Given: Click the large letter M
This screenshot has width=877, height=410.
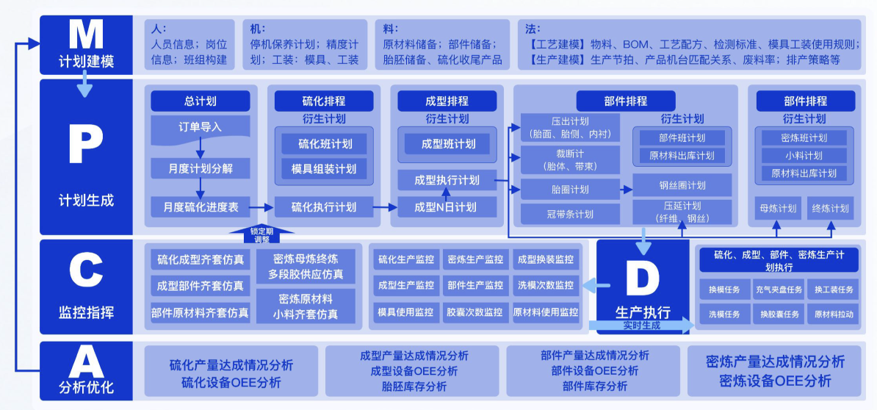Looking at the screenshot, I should (x=86, y=35).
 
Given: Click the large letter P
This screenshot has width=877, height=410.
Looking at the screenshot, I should (x=86, y=146).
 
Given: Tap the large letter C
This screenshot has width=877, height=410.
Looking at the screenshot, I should (x=86, y=271).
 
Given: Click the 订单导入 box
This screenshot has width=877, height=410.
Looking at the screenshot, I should (x=200, y=127).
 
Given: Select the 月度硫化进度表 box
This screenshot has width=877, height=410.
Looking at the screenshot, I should (x=200, y=206).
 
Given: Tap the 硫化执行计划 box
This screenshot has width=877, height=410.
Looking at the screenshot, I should (x=324, y=206).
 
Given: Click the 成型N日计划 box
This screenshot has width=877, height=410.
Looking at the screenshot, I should (x=445, y=206).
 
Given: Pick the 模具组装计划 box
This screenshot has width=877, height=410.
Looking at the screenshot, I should (x=324, y=168).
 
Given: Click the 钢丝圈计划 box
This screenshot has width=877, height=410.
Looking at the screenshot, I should (x=682, y=185).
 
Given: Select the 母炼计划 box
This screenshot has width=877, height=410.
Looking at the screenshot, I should (x=778, y=208).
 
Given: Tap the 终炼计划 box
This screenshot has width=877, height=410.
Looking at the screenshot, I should (x=831, y=208).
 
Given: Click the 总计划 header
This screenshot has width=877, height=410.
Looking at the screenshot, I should (x=200, y=101).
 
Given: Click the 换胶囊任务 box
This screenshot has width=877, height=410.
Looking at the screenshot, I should (x=780, y=314).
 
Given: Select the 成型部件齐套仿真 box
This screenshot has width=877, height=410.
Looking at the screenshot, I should (x=200, y=285).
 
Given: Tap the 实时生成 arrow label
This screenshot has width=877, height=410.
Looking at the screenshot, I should (x=640, y=325).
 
